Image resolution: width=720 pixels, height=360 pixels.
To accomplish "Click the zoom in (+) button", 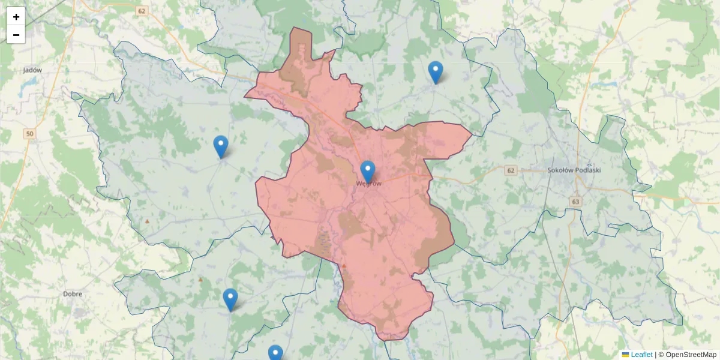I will [16, 17].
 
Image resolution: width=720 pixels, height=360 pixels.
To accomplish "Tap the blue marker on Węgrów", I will [367, 172].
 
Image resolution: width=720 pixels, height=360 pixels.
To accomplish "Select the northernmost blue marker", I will [436, 72].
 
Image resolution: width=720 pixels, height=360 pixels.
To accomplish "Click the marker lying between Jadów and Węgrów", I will [221, 146].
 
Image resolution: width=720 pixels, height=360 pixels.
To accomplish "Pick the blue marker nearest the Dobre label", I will [230, 299].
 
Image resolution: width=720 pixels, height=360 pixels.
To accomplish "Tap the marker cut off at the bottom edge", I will [275, 353].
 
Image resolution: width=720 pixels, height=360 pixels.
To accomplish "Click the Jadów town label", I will [32, 70].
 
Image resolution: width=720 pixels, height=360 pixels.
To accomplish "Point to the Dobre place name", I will [72, 294].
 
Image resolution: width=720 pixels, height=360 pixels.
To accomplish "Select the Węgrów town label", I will [368, 184].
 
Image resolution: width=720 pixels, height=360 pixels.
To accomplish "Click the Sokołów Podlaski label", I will [574, 170].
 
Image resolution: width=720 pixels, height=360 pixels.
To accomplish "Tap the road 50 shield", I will [30, 134].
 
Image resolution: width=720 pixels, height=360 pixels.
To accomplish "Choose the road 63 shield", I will [576, 202].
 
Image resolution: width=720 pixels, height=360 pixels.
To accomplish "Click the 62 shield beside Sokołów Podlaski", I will [511, 170].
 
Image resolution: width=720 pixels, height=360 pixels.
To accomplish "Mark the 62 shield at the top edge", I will [141, 11].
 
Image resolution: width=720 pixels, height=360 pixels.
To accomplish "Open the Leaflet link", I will [641, 355].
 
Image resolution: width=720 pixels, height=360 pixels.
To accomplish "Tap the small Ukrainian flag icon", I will [625, 355].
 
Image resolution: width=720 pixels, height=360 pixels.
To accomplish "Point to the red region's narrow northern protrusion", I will [300, 48].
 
